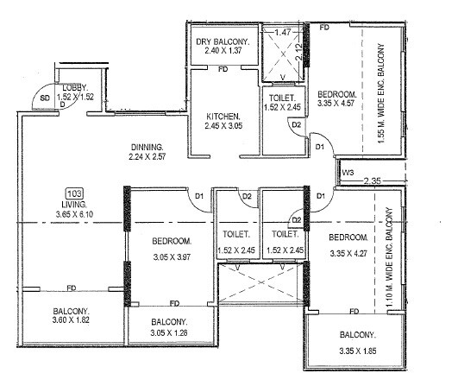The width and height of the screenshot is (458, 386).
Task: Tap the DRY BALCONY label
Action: point(222,42)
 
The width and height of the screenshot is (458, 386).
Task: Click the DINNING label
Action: point(146,147)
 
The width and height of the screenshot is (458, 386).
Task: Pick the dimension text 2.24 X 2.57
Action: point(147,159)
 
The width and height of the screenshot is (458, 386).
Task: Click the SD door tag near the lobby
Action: point(45,98)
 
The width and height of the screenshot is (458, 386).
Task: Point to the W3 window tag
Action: point(348,174)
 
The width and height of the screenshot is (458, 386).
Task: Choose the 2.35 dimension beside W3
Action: point(373,181)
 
